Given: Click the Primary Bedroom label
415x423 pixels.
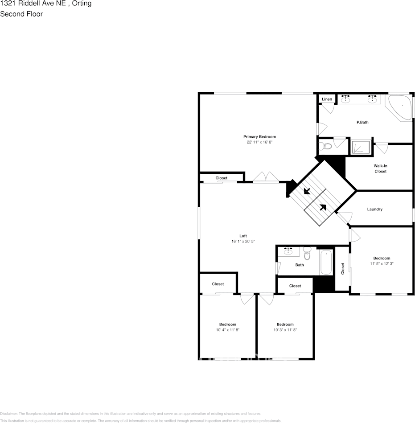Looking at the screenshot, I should (259, 136).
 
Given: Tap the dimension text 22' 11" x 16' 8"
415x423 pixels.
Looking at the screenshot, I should (259, 142).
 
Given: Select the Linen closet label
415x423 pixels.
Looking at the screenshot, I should (327, 99).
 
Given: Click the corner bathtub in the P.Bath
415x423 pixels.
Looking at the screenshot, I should (400, 107).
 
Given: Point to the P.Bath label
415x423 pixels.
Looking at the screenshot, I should (362, 122).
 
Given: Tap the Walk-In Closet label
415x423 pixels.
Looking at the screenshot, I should (380, 168).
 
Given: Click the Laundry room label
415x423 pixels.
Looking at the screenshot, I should (374, 209).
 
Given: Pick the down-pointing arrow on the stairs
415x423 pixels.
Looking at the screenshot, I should (307, 192).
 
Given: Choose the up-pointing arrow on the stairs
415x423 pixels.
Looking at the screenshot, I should (322, 207).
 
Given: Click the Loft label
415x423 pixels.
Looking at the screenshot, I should (243, 236).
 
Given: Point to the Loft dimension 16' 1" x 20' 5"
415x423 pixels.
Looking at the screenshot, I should (243, 242).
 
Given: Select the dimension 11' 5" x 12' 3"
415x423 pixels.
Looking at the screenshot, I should (382, 263).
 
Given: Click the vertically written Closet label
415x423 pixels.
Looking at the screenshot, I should (343, 268).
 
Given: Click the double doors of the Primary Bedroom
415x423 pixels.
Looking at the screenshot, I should (266, 177).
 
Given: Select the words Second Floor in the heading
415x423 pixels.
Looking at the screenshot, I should (21, 14).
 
